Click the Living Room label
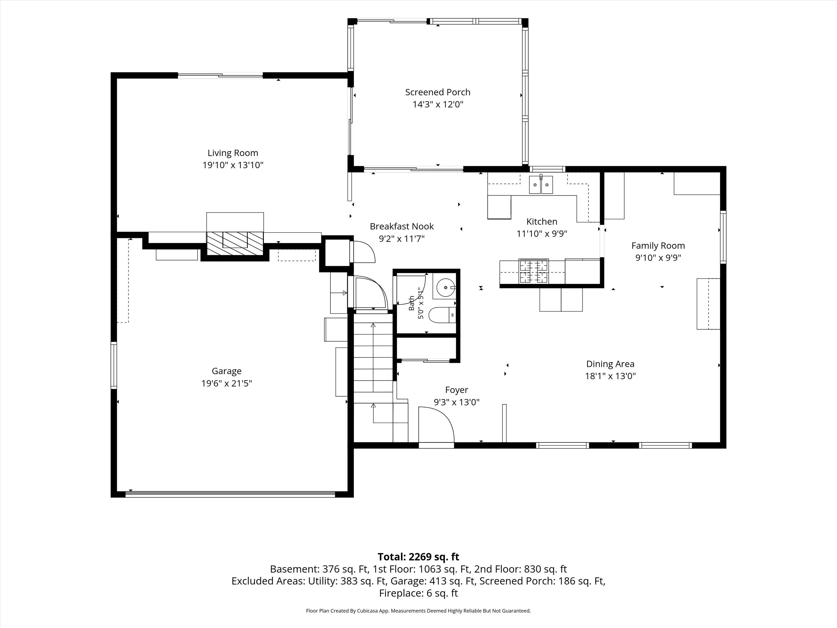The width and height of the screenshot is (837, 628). click(x=233, y=153)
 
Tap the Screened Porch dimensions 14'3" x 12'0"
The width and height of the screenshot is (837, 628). click(x=438, y=104)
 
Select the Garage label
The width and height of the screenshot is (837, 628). click(x=226, y=371)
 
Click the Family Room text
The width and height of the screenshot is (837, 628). click(x=658, y=246)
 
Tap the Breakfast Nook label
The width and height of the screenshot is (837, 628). click(x=402, y=226)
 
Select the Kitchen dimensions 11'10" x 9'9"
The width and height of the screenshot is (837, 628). click(x=542, y=234)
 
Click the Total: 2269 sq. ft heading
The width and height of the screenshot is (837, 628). click(x=419, y=557)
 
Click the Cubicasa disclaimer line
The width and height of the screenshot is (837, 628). click(x=419, y=611)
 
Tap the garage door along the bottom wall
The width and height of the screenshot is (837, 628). click(x=230, y=494)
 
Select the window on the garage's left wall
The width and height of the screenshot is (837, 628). click(x=114, y=365)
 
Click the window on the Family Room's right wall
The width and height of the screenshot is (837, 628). click(x=723, y=237)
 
